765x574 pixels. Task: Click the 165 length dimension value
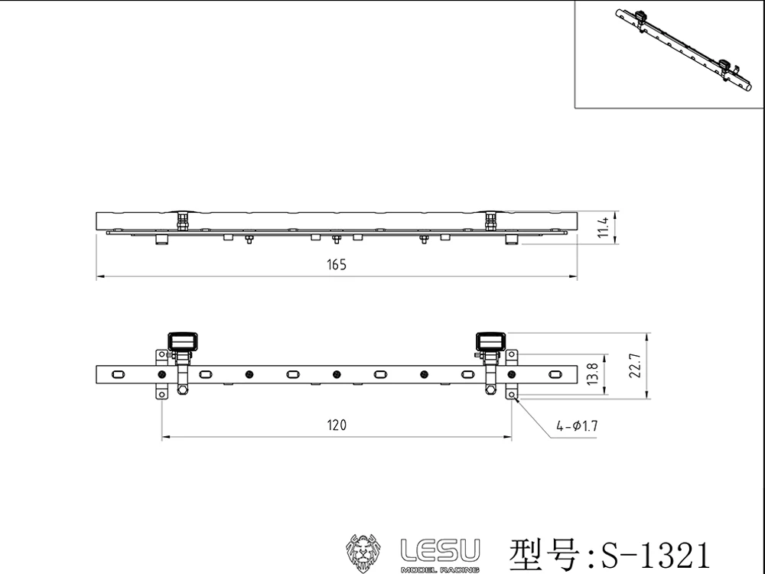pos(337,265)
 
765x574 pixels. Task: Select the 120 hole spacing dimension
pos(337,426)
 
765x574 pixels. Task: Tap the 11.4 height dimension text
pos(603,228)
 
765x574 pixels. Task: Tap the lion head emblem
pos(364,553)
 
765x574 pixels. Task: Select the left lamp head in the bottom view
pos(181,341)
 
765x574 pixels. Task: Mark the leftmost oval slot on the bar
pos(119,374)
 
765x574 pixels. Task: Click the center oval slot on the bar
pos(294,374)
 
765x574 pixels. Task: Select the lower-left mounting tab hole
pos(162,393)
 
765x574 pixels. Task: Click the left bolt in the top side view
pos(182,220)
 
